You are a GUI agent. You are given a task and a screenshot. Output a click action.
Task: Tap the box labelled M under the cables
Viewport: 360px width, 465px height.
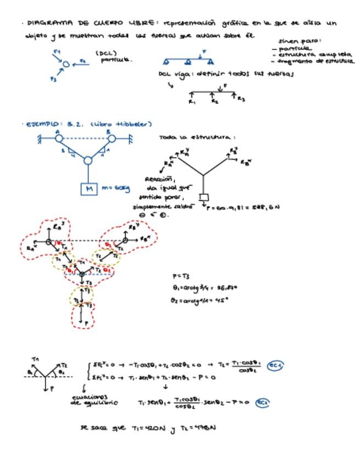[88, 190]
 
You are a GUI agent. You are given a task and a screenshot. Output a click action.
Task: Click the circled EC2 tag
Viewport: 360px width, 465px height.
[263, 402]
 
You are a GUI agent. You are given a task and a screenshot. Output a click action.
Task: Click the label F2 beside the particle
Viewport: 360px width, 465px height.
[82, 61]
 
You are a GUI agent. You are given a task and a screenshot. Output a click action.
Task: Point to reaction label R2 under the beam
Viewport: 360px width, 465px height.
[215, 102]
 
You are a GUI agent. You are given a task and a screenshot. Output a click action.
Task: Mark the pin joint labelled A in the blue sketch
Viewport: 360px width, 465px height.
[58, 139]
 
